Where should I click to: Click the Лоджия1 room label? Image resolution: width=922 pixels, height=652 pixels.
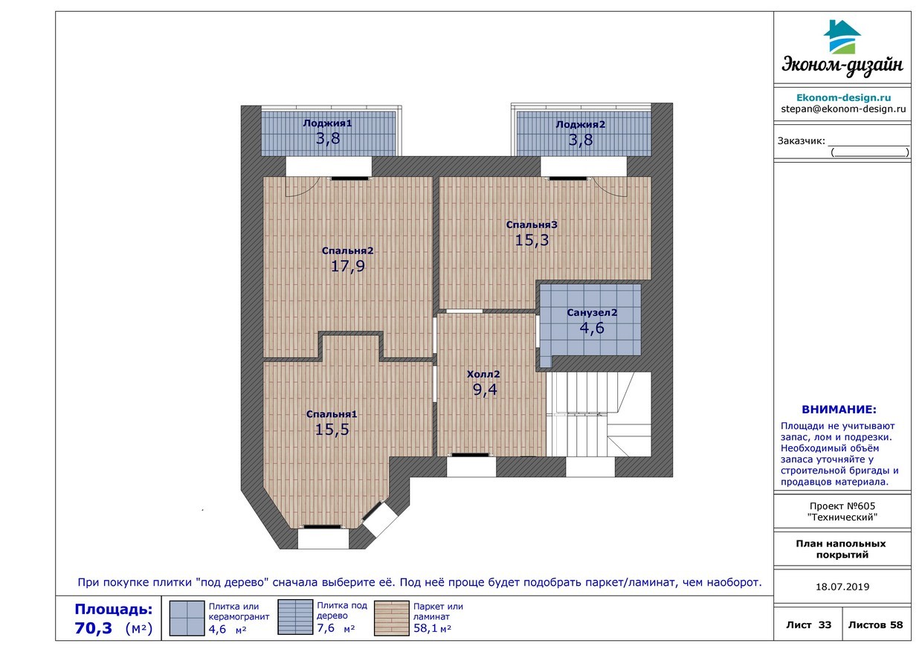coord(328,123)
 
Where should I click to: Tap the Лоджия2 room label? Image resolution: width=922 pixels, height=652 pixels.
coord(581,124)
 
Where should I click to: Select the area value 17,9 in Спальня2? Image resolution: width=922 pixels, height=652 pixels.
coord(348,266)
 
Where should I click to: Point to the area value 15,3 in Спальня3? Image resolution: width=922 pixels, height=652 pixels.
coord(532,240)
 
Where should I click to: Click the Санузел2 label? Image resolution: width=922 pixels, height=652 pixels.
coord(592,312)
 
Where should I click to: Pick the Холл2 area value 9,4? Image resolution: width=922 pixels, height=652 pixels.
coord(485,390)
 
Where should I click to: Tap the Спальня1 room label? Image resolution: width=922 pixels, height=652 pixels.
coord(332,414)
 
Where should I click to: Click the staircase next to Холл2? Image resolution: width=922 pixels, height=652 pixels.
coord(599,414)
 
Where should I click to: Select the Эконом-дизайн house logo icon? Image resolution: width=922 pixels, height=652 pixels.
coord(842,36)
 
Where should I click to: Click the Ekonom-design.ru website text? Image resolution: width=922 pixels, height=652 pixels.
coord(843,97)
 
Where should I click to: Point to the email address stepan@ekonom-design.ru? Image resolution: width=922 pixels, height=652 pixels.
coord(843,109)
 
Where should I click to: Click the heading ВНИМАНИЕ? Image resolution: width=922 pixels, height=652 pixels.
coord(839,410)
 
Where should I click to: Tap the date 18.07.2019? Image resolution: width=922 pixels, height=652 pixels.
coord(842,587)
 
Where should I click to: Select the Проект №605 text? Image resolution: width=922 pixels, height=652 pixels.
coord(842,506)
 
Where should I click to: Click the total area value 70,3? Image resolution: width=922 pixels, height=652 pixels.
coord(94,628)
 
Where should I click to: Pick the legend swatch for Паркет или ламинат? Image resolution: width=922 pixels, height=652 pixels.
coord(391,619)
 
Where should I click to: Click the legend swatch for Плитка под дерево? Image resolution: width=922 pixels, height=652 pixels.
coord(295,617)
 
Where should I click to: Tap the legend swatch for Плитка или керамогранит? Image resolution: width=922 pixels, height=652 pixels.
coord(187,619)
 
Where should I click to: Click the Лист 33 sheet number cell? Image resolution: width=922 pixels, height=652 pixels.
coord(808,624)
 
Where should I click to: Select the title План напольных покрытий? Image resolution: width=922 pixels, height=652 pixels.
coord(840,549)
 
